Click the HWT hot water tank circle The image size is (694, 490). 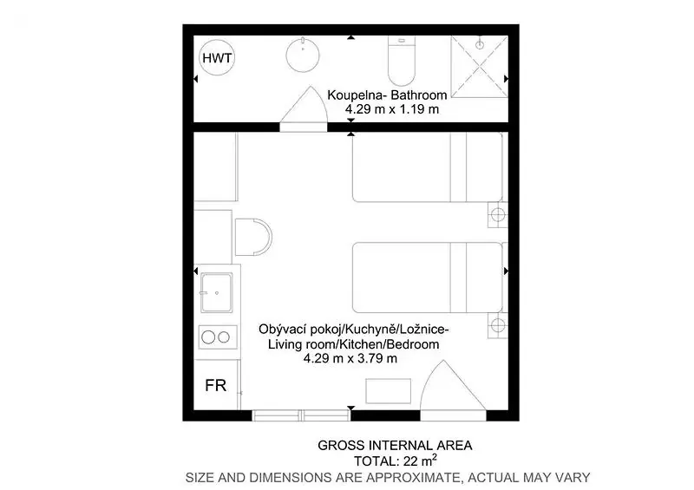pos(217,57)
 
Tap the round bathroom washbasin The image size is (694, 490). pos(303,55)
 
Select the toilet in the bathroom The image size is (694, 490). pos(402,61)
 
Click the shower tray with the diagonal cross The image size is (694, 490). pos(480,67)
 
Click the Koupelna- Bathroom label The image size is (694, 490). pos(387,95)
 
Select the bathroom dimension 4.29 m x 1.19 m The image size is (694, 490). pos(392,109)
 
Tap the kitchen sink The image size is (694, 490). pos(216,292)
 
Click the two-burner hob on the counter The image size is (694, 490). pos(218,337)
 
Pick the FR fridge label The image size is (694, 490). pos(215,386)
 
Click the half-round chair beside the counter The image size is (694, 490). pos(252,237)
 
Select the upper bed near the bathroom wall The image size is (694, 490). pos(428,167)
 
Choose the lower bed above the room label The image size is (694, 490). pos(428,278)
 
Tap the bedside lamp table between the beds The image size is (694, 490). pos(497,215)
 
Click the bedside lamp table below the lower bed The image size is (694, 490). pos(497,325)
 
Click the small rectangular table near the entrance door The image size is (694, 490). pos(388,391)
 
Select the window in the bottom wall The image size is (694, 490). pos(301,415)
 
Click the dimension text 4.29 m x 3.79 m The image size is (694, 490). pos(350,358)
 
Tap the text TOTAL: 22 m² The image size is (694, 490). pos(396,461)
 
